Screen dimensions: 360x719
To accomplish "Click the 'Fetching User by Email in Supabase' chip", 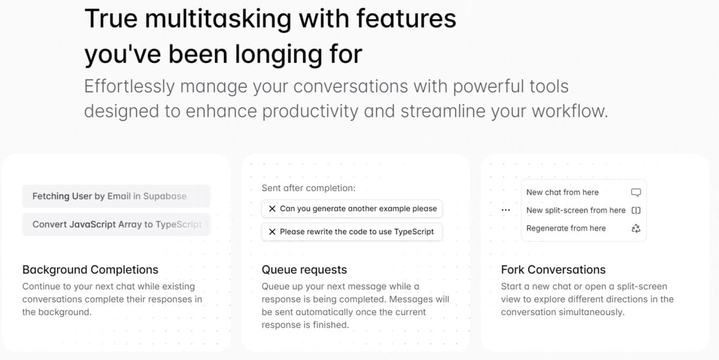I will click(116, 196).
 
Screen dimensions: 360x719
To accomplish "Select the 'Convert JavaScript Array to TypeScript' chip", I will click(116, 224).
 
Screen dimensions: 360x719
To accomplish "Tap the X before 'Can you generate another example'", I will click(272, 208).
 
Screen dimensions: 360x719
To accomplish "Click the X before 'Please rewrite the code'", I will click(272, 231).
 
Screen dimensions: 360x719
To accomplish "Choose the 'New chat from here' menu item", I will click(562, 192).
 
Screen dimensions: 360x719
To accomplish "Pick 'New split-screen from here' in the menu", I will click(575, 210).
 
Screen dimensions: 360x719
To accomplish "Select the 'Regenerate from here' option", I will click(566, 228).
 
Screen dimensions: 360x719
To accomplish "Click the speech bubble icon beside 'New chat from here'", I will click(636, 192).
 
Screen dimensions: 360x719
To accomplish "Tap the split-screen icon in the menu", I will click(636, 210).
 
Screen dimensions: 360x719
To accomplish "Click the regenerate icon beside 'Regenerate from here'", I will click(636, 228).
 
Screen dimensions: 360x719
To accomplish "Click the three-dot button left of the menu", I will click(506, 210).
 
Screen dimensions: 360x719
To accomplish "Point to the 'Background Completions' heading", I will click(90, 270).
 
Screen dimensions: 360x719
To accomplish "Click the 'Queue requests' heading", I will click(304, 270).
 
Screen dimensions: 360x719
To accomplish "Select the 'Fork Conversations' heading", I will click(553, 270).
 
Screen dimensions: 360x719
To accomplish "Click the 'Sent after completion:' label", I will click(309, 188).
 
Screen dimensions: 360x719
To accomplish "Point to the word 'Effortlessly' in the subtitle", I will click(129, 86).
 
